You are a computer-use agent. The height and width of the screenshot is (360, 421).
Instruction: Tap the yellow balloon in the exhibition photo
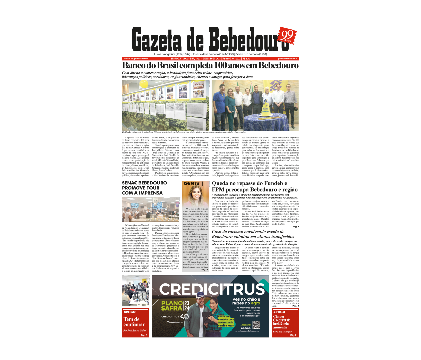click(x=144, y=84)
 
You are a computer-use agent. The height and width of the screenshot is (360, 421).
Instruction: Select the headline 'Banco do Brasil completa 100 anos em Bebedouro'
click(x=210, y=65)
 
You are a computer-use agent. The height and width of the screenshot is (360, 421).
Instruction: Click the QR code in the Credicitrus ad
click(x=256, y=325)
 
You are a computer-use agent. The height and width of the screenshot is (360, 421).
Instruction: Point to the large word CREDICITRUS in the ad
click(x=212, y=289)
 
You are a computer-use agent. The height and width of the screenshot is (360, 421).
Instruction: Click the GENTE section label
click(x=192, y=183)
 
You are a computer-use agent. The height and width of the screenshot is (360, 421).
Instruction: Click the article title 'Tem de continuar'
click(x=134, y=322)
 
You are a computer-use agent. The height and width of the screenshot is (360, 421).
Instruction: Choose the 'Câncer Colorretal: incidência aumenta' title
click(x=282, y=322)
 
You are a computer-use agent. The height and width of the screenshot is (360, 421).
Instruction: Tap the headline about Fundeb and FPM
click(x=254, y=186)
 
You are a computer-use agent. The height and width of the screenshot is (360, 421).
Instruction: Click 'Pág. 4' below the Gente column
click(x=204, y=269)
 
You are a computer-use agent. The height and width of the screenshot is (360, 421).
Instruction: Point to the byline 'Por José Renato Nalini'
click(x=135, y=331)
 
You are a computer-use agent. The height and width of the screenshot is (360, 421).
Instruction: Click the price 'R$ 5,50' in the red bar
click(x=246, y=59)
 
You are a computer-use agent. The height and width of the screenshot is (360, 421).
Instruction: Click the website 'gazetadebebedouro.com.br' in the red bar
click(x=287, y=59)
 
